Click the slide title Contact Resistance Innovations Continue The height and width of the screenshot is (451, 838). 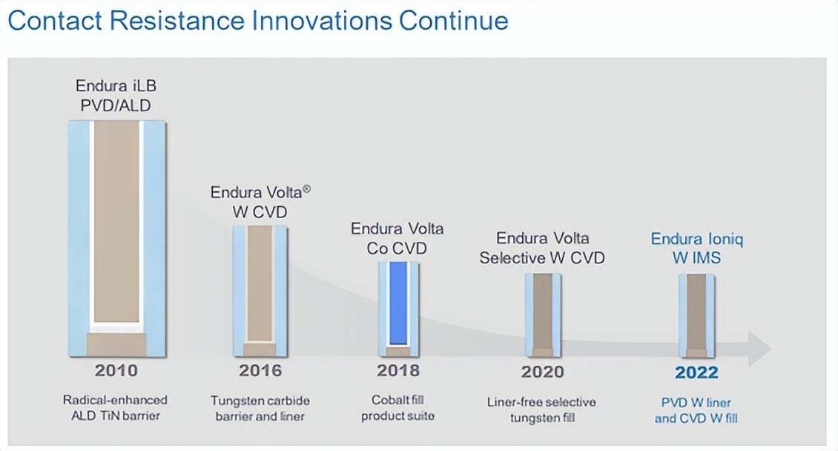[257, 20]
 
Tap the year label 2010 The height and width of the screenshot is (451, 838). [116, 371]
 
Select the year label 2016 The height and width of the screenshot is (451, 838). [260, 371]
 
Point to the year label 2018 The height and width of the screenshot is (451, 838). [398, 371]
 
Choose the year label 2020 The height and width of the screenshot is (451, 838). [542, 372]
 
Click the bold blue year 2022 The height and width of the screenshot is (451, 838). [696, 372]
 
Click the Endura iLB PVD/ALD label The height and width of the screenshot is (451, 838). [116, 96]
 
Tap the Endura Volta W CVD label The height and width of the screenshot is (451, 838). [260, 202]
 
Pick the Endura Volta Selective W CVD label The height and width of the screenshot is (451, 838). [542, 248]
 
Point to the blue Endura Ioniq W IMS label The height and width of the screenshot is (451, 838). [697, 248]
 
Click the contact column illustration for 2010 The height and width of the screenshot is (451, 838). [116, 237]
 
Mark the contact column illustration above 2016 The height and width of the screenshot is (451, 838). [260, 291]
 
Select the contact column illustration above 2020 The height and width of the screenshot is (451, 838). [543, 315]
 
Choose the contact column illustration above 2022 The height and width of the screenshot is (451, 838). [696, 315]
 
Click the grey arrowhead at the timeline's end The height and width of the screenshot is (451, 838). [759, 349]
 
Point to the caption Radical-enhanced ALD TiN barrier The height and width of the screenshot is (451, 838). [115, 408]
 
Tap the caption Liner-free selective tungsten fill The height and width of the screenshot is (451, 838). [542, 409]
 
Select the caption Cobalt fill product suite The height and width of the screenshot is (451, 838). [398, 408]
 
